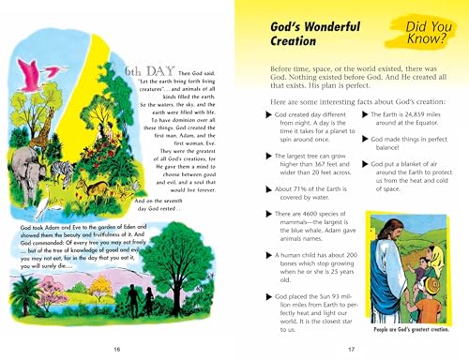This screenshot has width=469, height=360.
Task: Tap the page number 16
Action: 116,350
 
